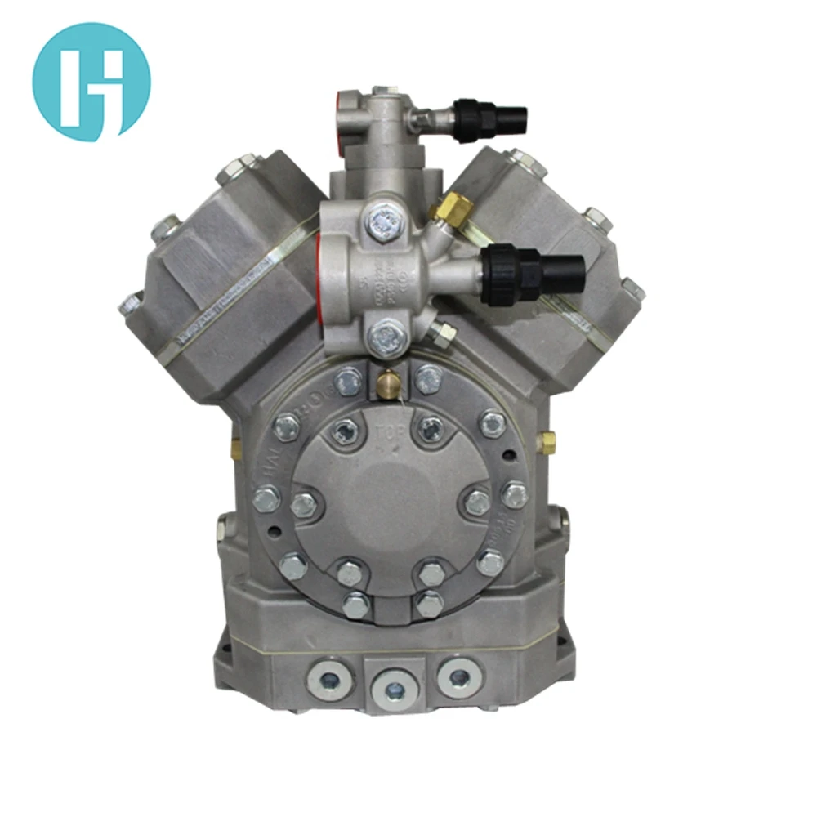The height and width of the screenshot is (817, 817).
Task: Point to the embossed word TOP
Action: pyautogui.click(x=390, y=432)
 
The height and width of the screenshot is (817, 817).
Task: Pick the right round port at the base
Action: pyautogui.click(x=458, y=677)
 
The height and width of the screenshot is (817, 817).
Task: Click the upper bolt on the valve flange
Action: pyautogui.click(x=382, y=219)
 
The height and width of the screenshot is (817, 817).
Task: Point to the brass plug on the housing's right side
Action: pyautogui.click(x=546, y=442)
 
